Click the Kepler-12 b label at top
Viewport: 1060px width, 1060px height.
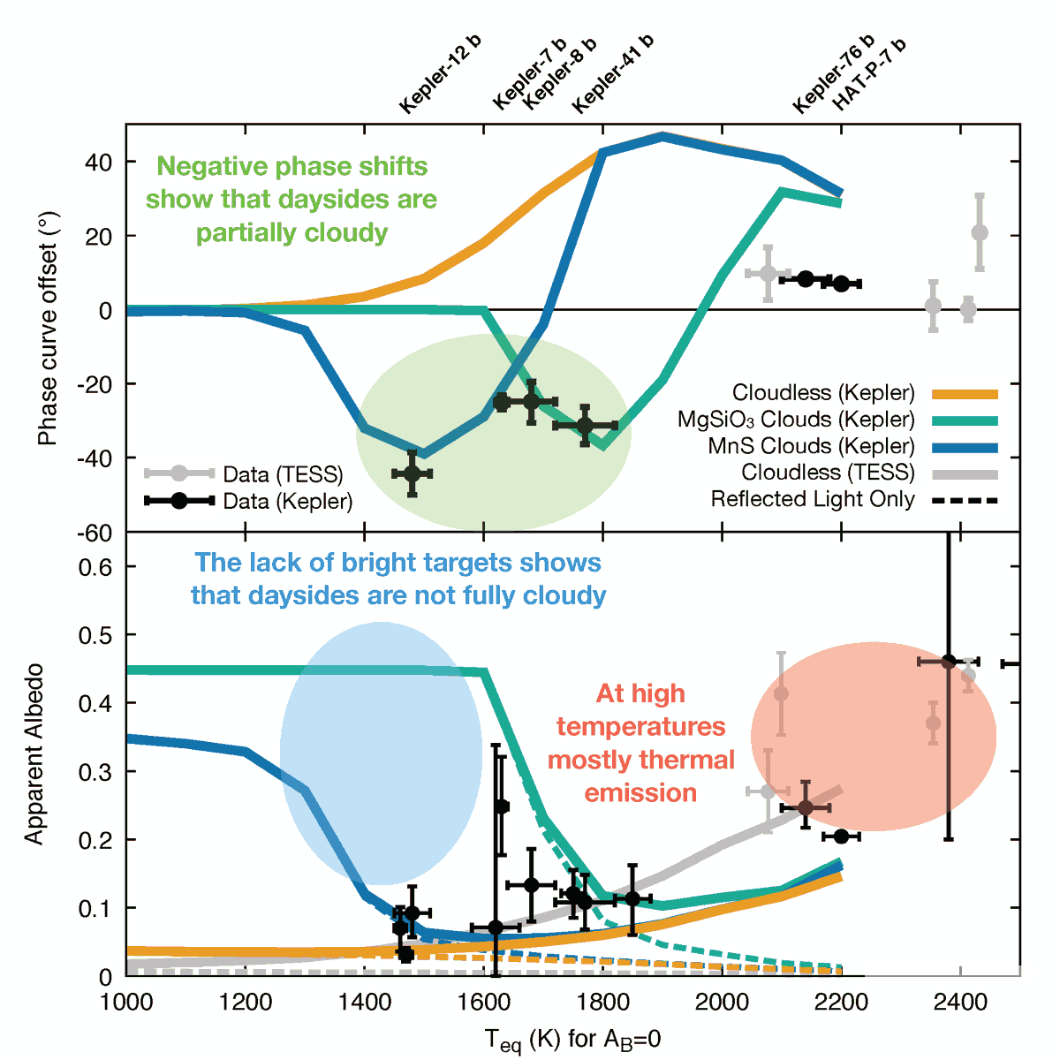tap(441, 74)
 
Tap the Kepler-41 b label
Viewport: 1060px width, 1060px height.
tap(613, 74)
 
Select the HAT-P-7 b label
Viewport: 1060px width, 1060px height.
tap(870, 74)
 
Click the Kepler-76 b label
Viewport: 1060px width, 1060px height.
tap(834, 74)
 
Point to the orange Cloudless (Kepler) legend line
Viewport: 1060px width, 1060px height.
tap(965, 394)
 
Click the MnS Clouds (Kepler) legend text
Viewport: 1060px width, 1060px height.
tap(811, 446)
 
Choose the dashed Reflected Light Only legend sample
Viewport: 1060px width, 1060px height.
tap(965, 501)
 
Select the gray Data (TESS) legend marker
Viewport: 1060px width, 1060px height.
tap(179, 473)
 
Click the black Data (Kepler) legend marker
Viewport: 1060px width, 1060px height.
tap(179, 501)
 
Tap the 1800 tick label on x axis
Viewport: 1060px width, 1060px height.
tap(602, 1003)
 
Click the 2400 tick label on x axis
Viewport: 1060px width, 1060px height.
tap(960, 1003)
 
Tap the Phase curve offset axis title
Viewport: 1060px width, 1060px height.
tap(48, 329)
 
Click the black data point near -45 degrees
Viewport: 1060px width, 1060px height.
tap(412, 473)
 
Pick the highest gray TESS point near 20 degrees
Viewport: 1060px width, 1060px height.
tap(979, 233)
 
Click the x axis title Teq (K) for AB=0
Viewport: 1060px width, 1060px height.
tap(572, 1040)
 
